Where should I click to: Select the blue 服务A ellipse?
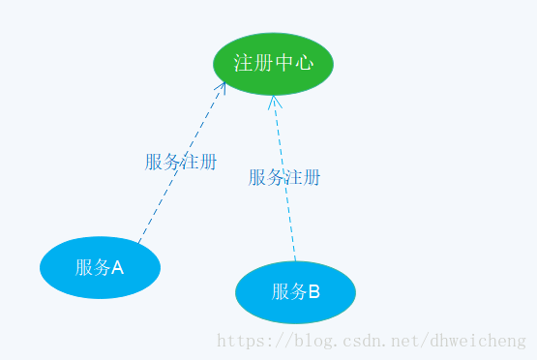tap(100, 267)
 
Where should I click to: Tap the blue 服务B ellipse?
tap(295, 291)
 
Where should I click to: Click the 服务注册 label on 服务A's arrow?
tap(181, 162)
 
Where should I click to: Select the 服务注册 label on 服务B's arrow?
tap(284, 177)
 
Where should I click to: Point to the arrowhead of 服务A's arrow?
tap(223, 85)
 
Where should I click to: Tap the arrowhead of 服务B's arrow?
tap(274, 99)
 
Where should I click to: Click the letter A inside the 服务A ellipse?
tap(118, 268)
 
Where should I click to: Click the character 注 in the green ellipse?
tap(243, 63)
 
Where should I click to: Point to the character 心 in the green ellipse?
tap(304, 63)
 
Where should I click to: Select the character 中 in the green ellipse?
tap(283, 63)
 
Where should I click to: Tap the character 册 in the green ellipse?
tap(263, 63)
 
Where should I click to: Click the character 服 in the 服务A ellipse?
tap(84, 268)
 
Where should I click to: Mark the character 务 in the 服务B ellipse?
tap(298, 291)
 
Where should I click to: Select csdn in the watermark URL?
tap(360, 341)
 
